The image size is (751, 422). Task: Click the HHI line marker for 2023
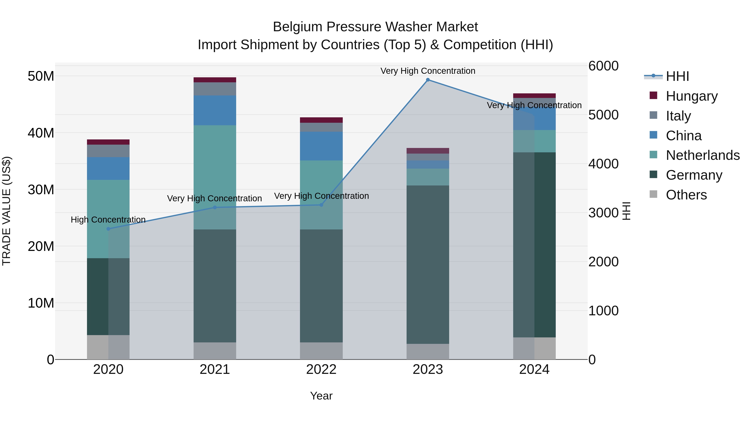[428, 80]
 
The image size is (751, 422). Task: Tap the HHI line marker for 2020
[108, 229]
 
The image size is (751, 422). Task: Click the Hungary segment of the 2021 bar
[215, 80]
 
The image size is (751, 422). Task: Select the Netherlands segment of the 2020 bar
[108, 219]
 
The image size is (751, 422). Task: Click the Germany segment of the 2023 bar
[428, 264]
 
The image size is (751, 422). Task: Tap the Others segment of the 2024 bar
[534, 348]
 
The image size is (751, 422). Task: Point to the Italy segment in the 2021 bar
[215, 89]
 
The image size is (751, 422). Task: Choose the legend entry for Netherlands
[703, 155]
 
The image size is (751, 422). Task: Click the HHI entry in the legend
[677, 76]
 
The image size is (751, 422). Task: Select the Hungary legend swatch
[653, 95]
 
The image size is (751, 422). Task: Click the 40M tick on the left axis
[41, 133]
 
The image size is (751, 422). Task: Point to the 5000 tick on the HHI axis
[603, 115]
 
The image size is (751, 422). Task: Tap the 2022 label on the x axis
[321, 369]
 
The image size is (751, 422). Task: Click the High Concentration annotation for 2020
[108, 220]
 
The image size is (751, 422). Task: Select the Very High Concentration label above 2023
[428, 71]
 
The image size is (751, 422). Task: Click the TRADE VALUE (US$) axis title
[7, 211]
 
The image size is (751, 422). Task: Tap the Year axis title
[321, 396]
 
